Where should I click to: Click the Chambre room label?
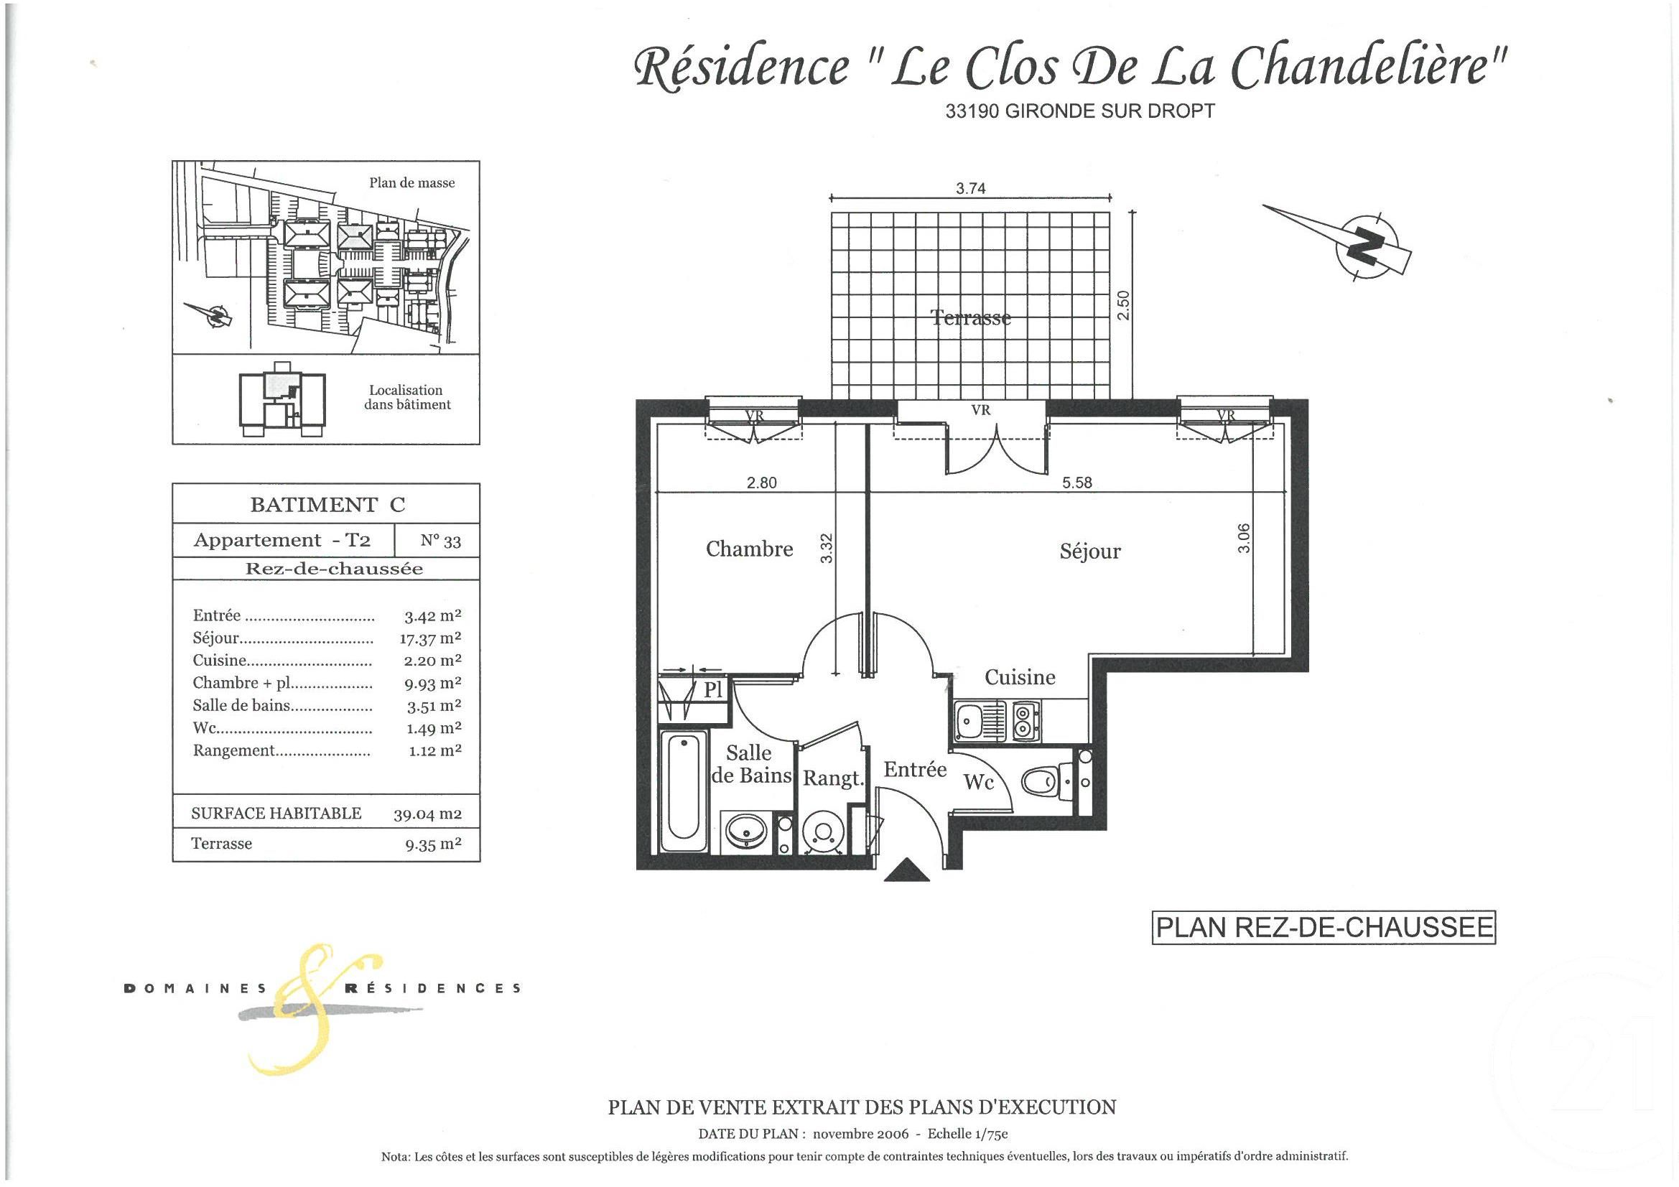[x=749, y=549]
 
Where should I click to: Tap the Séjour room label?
[x=1089, y=551]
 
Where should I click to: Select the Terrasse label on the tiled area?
[x=970, y=317]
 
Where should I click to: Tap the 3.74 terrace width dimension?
[x=970, y=189]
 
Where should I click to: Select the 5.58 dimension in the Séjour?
[x=1076, y=483]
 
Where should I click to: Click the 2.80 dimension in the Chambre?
[x=761, y=483]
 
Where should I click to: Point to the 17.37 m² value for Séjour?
[x=430, y=638]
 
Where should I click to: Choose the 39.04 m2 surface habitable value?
[x=427, y=814]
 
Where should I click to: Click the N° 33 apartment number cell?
[x=440, y=541]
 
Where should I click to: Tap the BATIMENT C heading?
[x=327, y=505]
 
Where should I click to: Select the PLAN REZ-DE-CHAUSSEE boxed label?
[x=1324, y=927]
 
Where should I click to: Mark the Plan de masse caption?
[x=411, y=183]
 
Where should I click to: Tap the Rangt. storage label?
[x=834, y=778]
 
